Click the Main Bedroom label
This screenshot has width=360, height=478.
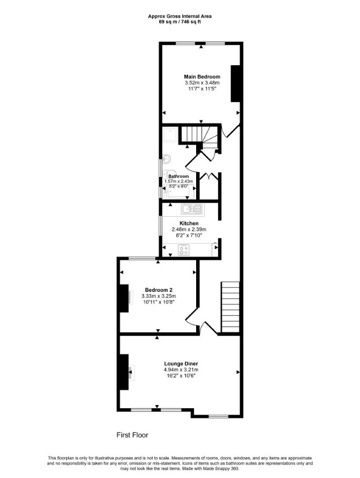click(202, 76)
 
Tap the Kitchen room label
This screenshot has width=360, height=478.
click(189, 224)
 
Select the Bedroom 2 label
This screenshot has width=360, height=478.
click(159, 290)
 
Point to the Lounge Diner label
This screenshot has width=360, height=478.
click(181, 363)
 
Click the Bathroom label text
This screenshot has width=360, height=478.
click(178, 176)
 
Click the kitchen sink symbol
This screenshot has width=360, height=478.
click(191, 209)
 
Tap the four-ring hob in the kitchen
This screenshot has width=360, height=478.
click(184, 250)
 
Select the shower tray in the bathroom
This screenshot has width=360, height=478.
click(170, 135)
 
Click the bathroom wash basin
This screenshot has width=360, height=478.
click(166, 159)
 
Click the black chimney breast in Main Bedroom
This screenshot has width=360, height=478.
click(235, 83)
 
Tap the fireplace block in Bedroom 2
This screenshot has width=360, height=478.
click(124, 298)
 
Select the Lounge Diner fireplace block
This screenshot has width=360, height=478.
click(124, 372)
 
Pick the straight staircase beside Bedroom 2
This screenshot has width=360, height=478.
click(231, 307)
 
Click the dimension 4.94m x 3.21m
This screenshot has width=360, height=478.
click(181, 370)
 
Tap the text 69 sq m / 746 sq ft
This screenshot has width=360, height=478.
click(179, 22)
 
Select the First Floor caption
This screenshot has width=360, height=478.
click(132, 434)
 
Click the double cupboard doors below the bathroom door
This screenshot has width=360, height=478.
click(209, 176)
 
